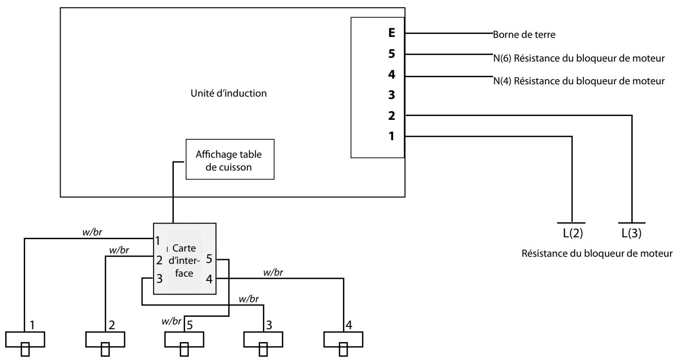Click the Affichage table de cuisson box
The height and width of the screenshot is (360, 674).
(x=230, y=159)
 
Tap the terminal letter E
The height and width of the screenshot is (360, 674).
(x=391, y=34)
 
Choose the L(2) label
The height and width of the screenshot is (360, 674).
(x=572, y=234)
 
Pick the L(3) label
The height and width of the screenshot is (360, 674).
(x=632, y=234)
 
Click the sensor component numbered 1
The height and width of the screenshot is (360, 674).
(x=25, y=340)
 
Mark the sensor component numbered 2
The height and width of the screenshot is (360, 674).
(x=105, y=340)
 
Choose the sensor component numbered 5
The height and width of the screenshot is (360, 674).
(x=184, y=340)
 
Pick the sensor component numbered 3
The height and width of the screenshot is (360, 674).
(x=263, y=340)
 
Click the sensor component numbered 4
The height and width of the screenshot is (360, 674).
(x=343, y=340)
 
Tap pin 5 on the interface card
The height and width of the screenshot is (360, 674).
(x=209, y=259)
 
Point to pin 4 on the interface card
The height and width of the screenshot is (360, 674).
(x=209, y=279)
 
